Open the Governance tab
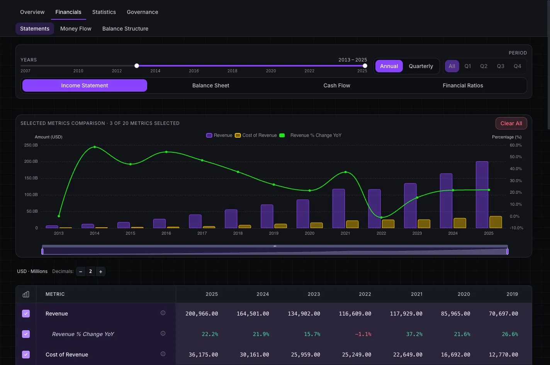coord(142,12)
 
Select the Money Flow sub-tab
coord(76,29)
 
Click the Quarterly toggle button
coord(421,66)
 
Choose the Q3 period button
coord(501,66)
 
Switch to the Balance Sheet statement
coord(210,85)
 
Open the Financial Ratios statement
coord(463,85)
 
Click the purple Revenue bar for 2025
coord(482,194)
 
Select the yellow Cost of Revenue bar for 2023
coord(424,223)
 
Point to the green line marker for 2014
coord(95,147)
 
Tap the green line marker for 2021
coord(345,172)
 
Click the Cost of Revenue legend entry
coord(256,135)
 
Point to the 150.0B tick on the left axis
coord(31,178)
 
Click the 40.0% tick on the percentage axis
coord(516,169)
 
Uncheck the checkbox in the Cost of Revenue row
coord(26,355)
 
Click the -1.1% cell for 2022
coord(363,334)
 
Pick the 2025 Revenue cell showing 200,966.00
coord(202,314)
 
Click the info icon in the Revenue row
coord(163,313)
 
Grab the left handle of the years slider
coord(137,66)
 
